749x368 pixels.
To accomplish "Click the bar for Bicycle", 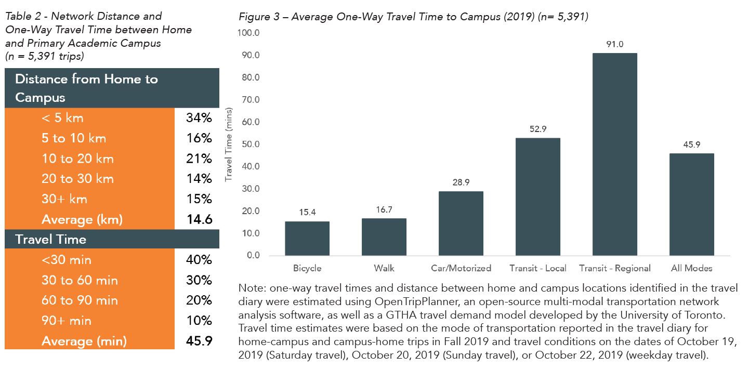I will pyautogui.click(x=307, y=239).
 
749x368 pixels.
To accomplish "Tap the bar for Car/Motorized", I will pyautogui.click(x=461, y=224).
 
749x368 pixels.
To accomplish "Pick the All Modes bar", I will pyautogui.click(x=691, y=204).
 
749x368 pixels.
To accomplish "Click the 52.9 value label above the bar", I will pyautogui.click(x=537, y=129).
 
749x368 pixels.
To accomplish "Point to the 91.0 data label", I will pyautogui.click(x=614, y=44).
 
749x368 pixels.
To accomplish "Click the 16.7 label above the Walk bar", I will pyautogui.click(x=384, y=209).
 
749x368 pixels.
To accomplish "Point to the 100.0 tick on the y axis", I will pyautogui.click(x=248, y=33).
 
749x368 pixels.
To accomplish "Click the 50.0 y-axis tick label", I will pyautogui.click(x=250, y=144).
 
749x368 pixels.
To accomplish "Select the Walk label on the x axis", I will pyautogui.click(x=384, y=269).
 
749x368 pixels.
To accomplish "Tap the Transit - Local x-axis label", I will pyautogui.click(x=537, y=269).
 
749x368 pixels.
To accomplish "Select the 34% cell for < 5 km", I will pyautogui.click(x=199, y=118).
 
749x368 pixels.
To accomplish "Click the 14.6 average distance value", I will pyautogui.click(x=199, y=219).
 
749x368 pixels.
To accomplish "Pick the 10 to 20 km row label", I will pyautogui.click(x=77, y=159).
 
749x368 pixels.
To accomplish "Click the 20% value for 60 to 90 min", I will pyautogui.click(x=199, y=300).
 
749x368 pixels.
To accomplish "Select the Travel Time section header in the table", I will pyautogui.click(x=51, y=240).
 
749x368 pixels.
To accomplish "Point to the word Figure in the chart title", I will pyautogui.click(x=253, y=17).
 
